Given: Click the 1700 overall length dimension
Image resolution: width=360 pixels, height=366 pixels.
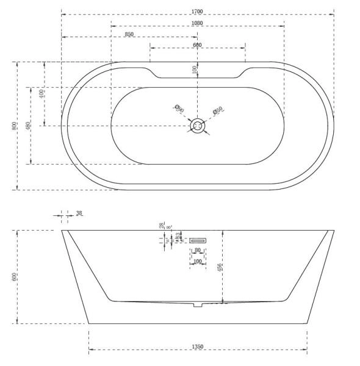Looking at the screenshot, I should tap(197, 11).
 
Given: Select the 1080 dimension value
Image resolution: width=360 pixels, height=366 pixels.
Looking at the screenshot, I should tap(197, 23).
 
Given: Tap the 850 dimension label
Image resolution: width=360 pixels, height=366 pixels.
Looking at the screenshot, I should tap(129, 35).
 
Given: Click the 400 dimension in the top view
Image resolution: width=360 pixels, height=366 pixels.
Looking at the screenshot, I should tap(41, 93).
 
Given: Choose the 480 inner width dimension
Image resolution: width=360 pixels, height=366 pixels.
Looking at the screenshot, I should tap(27, 126).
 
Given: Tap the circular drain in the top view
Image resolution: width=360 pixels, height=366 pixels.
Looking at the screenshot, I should tap(197, 126).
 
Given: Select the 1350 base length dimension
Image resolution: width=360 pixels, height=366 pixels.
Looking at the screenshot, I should tap(197, 347).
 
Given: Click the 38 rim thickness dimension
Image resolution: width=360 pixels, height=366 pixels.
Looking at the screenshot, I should tap(79, 213).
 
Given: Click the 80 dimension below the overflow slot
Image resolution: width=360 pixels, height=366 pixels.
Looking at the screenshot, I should tap(197, 250).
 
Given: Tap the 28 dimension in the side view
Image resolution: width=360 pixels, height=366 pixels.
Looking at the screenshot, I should tap(162, 226).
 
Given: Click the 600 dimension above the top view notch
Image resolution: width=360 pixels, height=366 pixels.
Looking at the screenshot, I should tap(197, 46).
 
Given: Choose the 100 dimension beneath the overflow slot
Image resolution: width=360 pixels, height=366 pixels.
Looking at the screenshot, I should tap(196, 261).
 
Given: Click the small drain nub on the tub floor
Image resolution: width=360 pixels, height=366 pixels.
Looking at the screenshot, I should tap(196, 304).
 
